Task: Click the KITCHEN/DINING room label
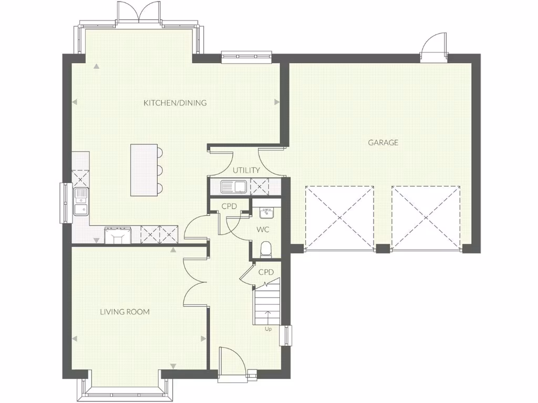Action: point(175,103)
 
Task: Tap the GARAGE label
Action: point(383,142)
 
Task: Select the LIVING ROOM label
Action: point(125,312)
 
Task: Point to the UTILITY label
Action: point(246,170)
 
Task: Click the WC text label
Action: point(263,230)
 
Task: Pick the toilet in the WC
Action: point(266,249)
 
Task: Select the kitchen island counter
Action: point(144,170)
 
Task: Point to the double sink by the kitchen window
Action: point(80,202)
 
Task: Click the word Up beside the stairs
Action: point(268,329)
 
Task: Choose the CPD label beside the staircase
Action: point(266,272)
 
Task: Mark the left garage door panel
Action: point(340,217)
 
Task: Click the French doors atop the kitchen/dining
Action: point(138,13)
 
